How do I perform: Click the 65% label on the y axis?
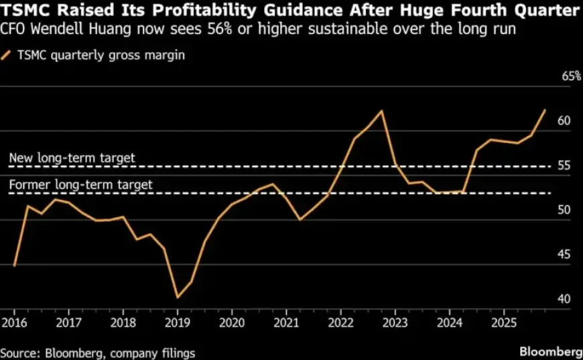coord(571,76)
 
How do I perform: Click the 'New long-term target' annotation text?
coord(72,158)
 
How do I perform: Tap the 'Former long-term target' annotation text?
coord(81,184)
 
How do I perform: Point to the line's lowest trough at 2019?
coord(177,297)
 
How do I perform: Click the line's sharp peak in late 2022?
coord(382,111)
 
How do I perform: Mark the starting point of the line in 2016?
coord(13,266)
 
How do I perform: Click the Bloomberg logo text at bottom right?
coord(551,351)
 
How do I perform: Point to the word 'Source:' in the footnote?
coord(21,352)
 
